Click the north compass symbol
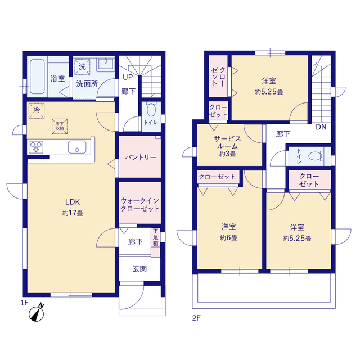tap(37, 313)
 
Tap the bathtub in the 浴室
tap(37, 76)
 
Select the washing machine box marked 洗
tap(82, 66)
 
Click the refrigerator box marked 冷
tap(37, 111)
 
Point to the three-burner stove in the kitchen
tap(36, 147)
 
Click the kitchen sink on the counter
tap(77, 147)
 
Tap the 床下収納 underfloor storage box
tap(60, 126)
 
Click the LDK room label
tap(73, 202)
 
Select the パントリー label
tap(141, 157)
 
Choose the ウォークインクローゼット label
tap(140, 205)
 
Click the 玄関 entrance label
tap(139, 269)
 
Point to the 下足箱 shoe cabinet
tap(156, 242)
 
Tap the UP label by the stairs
tap(128, 77)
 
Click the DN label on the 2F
tap(321, 127)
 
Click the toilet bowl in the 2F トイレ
tap(316, 156)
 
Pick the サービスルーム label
tap(227, 142)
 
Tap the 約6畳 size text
tap(229, 238)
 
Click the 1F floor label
tap(24, 303)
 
